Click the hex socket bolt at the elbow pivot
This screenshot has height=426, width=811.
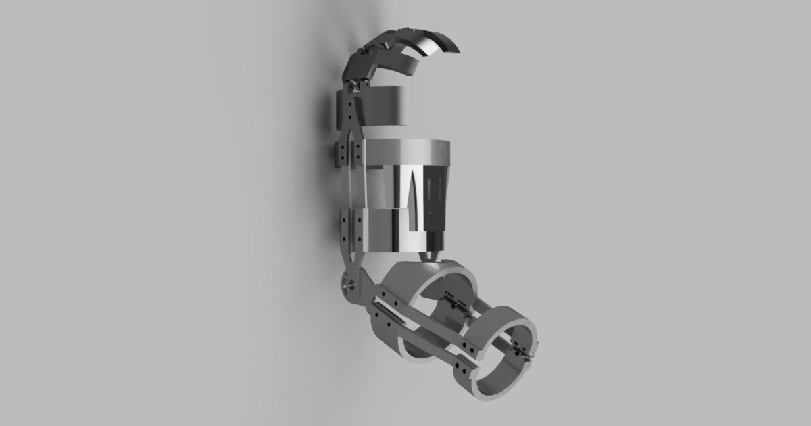click(x=350, y=285)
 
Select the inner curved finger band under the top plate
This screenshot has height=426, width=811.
click(x=409, y=65)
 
